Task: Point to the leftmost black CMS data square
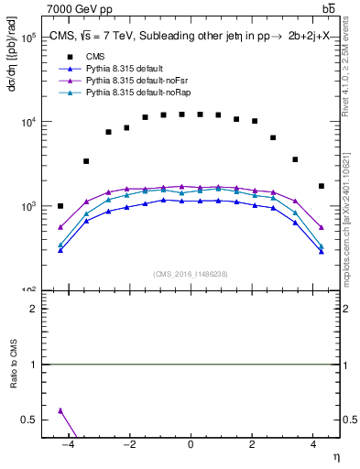coord(60,206)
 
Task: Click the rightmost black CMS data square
coord(321,186)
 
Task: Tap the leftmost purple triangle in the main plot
coord(60,227)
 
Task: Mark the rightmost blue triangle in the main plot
coord(321,250)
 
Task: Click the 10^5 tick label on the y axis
coord(27,38)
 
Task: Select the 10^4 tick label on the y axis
coord(27,123)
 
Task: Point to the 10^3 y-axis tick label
coord(27,207)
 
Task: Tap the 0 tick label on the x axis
coord(191,445)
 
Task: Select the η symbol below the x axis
coord(335,457)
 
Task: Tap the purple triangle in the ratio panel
coord(60,410)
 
